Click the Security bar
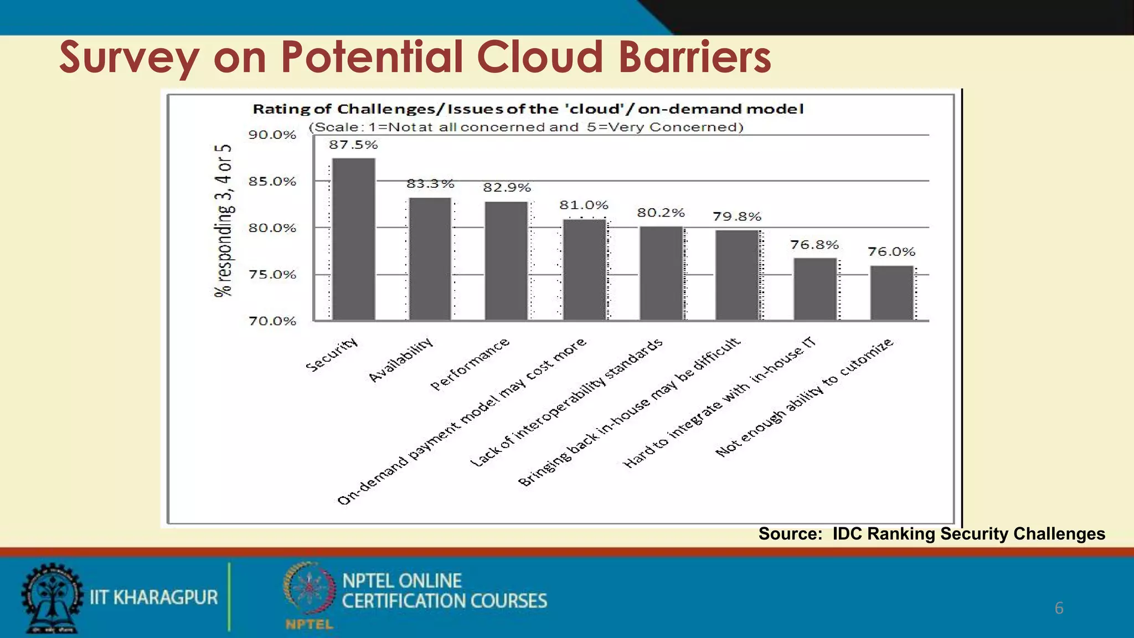(353, 239)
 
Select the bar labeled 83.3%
(430, 259)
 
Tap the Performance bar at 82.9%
(506, 260)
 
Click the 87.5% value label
(353, 145)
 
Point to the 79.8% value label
(737, 217)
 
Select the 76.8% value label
(815, 245)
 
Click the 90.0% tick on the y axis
(272, 135)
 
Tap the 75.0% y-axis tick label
(272, 275)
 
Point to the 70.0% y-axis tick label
(272, 321)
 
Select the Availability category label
(401, 360)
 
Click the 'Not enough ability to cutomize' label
(805, 397)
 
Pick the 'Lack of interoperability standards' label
(566, 403)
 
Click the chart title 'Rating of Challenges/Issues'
(528, 109)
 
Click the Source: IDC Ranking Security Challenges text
(931, 534)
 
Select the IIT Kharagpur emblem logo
(51, 598)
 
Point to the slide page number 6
(1059, 608)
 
